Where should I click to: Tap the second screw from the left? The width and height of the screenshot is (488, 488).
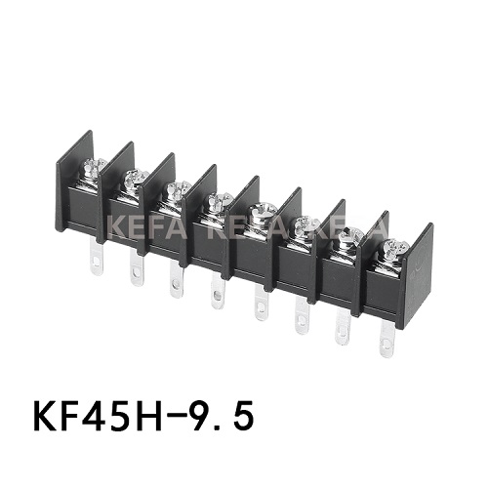136,178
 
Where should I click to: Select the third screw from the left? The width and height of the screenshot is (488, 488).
177,188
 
